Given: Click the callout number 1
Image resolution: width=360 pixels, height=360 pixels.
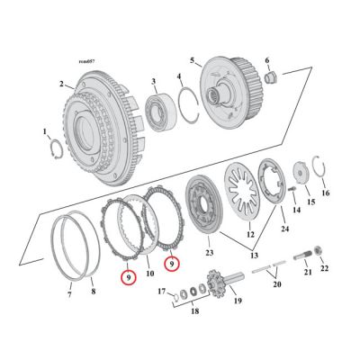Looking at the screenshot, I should pyautogui.click(x=45, y=133).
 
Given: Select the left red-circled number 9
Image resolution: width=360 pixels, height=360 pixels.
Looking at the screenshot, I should pyautogui.click(x=130, y=277).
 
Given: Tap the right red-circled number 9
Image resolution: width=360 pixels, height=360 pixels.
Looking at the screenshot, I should pyautogui.click(x=171, y=264).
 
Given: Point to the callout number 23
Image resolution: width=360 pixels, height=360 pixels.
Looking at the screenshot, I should pyautogui.click(x=210, y=255).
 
